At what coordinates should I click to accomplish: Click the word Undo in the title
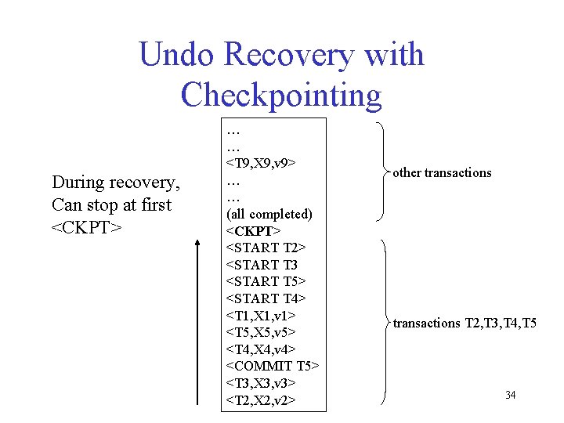click(176, 54)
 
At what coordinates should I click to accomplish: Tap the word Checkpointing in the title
click(281, 95)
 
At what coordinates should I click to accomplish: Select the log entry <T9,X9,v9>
click(261, 163)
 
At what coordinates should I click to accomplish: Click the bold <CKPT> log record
click(253, 231)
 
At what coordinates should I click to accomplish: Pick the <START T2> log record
click(266, 248)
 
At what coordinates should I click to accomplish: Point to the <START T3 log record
click(262, 265)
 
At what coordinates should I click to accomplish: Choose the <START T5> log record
click(266, 281)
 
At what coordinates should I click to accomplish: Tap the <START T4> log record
click(266, 298)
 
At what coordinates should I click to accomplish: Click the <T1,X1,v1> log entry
click(261, 316)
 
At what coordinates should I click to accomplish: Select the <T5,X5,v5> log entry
click(261, 332)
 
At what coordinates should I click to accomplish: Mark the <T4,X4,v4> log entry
click(261, 349)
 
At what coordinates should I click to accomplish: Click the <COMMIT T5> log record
click(273, 366)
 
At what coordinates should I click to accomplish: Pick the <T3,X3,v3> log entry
click(261, 383)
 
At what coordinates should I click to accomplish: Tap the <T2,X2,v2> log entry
click(261, 400)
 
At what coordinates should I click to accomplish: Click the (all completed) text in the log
click(269, 215)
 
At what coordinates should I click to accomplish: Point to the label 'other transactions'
click(442, 172)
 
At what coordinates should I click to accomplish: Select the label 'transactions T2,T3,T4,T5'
click(465, 323)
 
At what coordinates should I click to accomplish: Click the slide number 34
click(511, 395)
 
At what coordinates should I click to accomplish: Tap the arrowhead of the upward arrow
click(197, 243)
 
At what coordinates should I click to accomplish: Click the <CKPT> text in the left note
click(87, 227)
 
